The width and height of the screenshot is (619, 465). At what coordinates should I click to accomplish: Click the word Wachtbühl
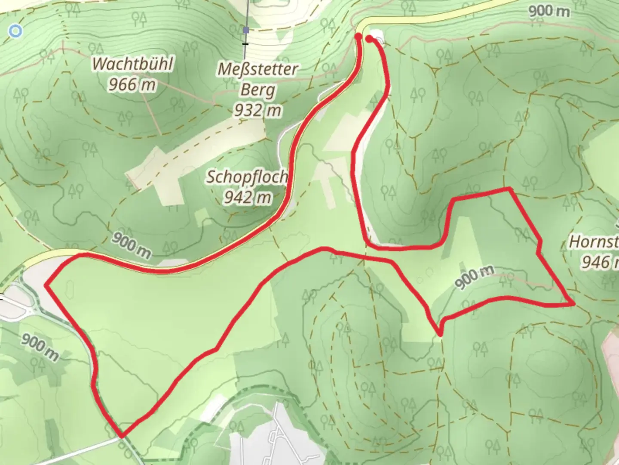tap(133, 64)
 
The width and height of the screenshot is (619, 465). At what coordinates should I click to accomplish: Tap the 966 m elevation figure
tap(132, 85)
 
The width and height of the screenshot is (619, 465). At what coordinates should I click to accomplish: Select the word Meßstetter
tap(258, 69)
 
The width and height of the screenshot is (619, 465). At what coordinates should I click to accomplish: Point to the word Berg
tap(257, 90)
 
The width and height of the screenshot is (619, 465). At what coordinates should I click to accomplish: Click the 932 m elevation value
tap(257, 111)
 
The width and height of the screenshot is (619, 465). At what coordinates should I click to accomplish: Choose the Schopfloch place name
tap(247, 177)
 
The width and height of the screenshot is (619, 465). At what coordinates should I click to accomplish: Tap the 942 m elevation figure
tap(248, 197)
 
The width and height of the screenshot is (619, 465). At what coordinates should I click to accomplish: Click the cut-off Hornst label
tap(594, 242)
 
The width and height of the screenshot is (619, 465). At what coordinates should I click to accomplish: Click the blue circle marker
tap(16, 31)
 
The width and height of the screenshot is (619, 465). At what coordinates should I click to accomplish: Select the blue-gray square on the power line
tap(246, 30)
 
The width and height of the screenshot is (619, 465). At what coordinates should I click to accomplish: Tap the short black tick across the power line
tap(245, 44)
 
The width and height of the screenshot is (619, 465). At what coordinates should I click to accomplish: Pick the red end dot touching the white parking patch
tap(369, 39)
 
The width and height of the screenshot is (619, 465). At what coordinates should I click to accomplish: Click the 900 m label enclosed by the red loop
tap(474, 277)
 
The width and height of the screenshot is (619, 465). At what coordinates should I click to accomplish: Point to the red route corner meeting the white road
tap(122, 436)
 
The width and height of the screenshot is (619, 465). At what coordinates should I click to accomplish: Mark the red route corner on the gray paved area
tap(46, 284)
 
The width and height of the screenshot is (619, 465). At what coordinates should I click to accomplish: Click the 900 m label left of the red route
tap(40, 347)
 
